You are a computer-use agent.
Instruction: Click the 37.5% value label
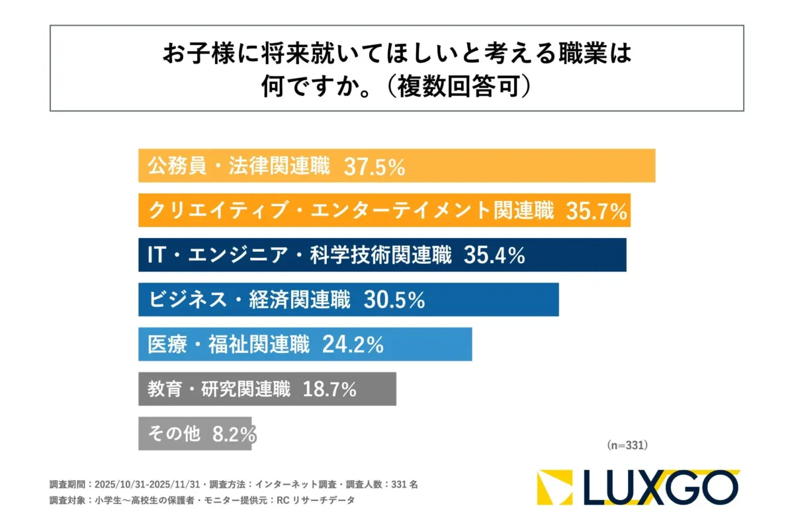pyautogui.click(x=374, y=167)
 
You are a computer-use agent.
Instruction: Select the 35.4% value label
pyautogui.click(x=495, y=256)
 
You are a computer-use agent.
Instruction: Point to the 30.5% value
pyautogui.click(x=394, y=300)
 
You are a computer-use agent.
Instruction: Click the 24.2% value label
pyautogui.click(x=353, y=345)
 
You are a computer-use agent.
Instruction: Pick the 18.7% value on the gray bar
pyautogui.click(x=330, y=389)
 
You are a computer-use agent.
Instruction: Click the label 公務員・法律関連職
pyautogui.click(x=238, y=167)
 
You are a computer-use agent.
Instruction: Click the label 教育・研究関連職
pyautogui.click(x=219, y=389)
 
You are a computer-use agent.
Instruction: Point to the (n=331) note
pyautogui.click(x=627, y=446)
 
